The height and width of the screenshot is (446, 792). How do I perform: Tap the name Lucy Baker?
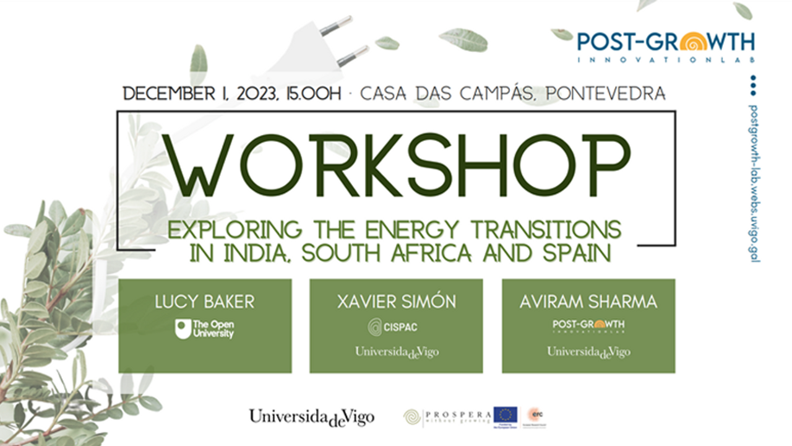(205, 302)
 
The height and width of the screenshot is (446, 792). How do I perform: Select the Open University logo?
(205, 329)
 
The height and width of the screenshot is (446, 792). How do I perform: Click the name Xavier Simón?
(396, 302)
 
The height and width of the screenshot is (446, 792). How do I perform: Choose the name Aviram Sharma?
(588, 302)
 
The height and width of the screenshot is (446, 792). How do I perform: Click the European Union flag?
(505, 414)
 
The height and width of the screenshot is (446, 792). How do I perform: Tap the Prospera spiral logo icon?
(411, 417)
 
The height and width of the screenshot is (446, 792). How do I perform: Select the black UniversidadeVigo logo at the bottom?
(311, 417)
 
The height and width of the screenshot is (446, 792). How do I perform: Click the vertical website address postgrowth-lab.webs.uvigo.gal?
(753, 183)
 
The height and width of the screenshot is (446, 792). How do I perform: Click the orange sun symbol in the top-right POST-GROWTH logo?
(691, 43)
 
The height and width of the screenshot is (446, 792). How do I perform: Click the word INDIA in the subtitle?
(245, 253)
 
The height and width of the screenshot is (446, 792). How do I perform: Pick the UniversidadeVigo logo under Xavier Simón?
(396, 352)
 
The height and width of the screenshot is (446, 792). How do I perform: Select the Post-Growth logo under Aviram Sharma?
(588, 326)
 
